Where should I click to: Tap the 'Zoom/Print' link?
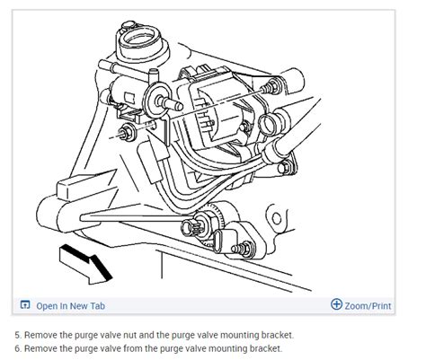[x=368, y=305]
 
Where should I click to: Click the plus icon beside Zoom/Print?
[x=337, y=304]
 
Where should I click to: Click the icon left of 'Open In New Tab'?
[x=24, y=305]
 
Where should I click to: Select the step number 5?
[x=19, y=335]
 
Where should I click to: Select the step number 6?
[x=19, y=347]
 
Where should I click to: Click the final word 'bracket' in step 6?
[x=265, y=347]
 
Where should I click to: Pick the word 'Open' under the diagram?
[x=48, y=305]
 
